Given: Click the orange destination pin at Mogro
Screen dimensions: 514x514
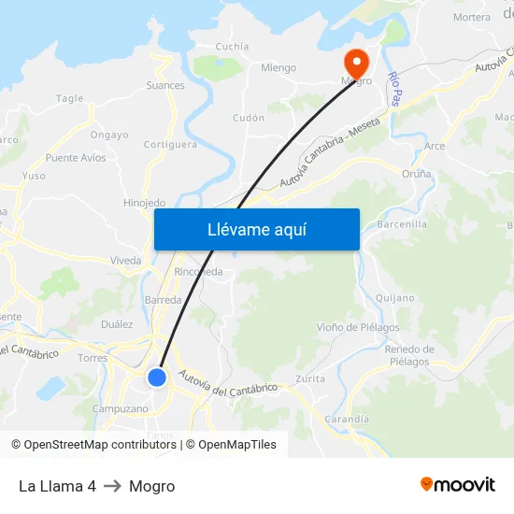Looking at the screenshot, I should tap(356, 63).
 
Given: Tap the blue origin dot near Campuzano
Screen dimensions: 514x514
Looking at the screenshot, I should tap(157, 378).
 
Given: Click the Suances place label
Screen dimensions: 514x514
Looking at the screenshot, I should tap(164, 85).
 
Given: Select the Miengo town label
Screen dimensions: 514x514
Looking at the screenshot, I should tap(278, 68).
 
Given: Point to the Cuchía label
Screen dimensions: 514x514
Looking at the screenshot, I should tap(232, 46).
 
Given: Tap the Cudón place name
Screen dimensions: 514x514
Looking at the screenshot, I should tap(248, 118).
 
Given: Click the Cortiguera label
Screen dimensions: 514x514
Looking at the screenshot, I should tap(170, 145).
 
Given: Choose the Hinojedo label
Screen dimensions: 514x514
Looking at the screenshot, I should tap(144, 203).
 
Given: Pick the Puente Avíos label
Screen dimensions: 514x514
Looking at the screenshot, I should tap(76, 158).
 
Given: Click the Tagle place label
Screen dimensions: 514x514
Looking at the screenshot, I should tap(69, 98).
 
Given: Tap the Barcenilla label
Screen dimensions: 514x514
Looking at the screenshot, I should tap(402, 224).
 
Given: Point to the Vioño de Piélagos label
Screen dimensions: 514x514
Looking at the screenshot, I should tap(358, 327).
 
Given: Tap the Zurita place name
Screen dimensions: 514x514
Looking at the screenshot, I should tap(310, 378).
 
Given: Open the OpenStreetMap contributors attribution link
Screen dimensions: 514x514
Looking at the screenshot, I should tap(99, 445).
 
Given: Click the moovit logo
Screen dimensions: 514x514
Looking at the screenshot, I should tap(458, 485).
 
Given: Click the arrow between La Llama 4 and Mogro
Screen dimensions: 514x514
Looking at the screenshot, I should tap(112, 486).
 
